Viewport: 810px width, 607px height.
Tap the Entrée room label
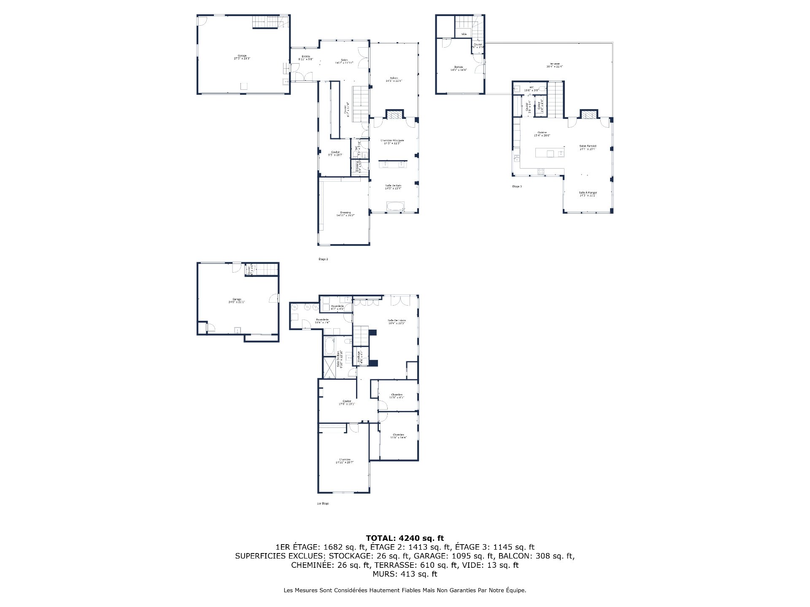pyautogui.click(x=306, y=57)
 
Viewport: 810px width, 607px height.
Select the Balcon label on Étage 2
pyautogui.click(x=394, y=79)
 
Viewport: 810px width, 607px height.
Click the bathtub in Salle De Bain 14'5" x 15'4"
pyautogui.click(x=395, y=207)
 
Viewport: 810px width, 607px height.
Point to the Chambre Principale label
pyautogui.click(x=392, y=141)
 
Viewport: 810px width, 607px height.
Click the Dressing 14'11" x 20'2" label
pyautogui.click(x=345, y=213)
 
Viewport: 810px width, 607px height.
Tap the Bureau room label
pyautogui.click(x=458, y=68)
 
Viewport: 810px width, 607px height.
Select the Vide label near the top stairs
pyautogui.click(x=464, y=34)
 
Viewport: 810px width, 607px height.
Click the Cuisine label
pyautogui.click(x=542, y=134)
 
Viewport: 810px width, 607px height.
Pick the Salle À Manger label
pyautogui.click(x=588, y=193)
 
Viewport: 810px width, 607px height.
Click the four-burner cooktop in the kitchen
pyautogui.click(x=540, y=171)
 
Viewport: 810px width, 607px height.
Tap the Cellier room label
pyautogui.click(x=539, y=107)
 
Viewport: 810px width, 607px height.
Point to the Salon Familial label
pyautogui.click(x=588, y=147)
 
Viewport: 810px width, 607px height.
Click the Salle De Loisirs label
pyautogui.click(x=397, y=321)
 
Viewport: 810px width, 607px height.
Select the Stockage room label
pyautogui.click(x=359, y=357)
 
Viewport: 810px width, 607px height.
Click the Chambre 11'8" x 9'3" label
pyautogui.click(x=397, y=396)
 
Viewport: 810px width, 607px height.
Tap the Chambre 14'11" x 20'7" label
pyautogui.click(x=344, y=461)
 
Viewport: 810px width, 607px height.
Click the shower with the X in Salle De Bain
pyautogui.click(x=328, y=367)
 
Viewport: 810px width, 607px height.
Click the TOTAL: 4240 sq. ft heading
pyautogui.click(x=405, y=538)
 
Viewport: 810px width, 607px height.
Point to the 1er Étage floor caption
pyautogui.click(x=323, y=503)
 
